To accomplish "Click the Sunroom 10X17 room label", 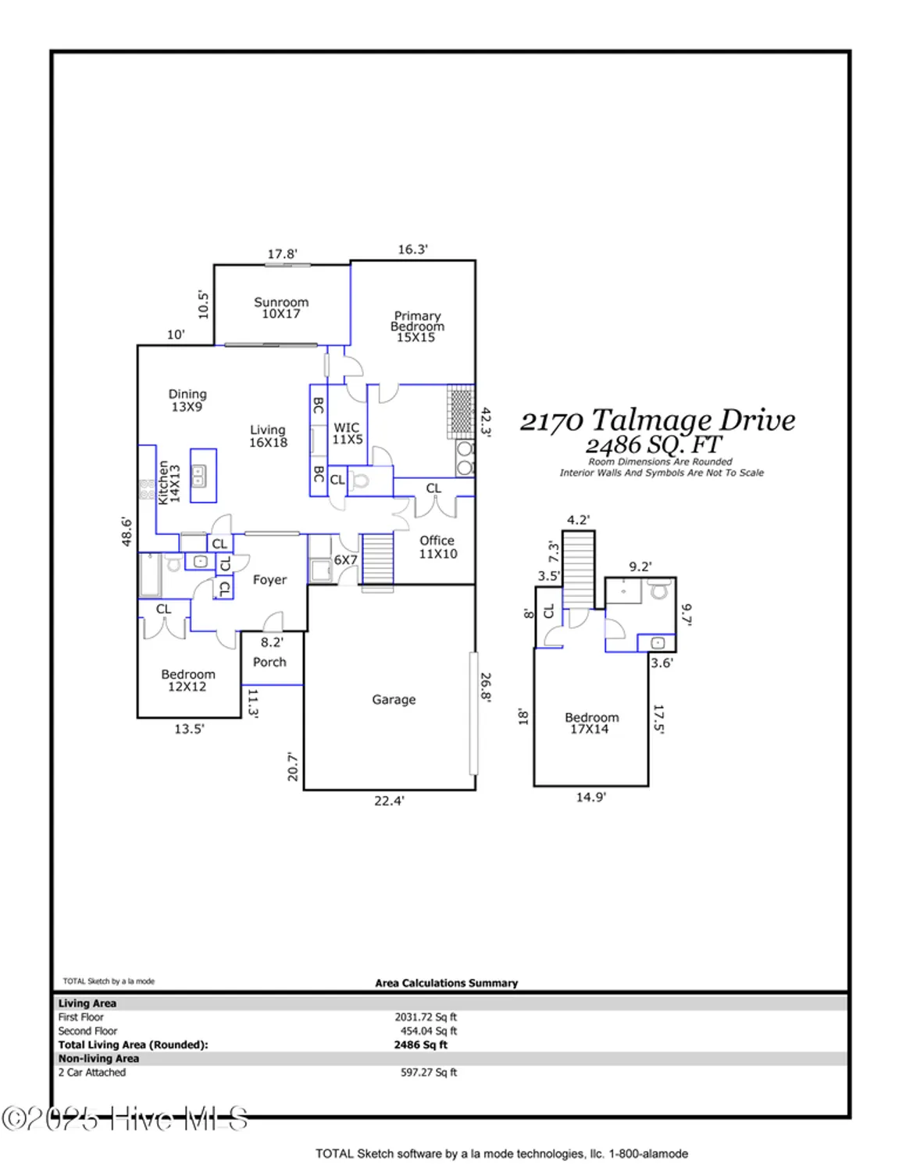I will tap(281, 308).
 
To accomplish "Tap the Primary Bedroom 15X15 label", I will tap(417, 327).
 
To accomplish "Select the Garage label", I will tap(394, 700).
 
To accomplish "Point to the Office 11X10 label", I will tap(437, 547).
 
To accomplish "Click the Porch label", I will tap(269, 662).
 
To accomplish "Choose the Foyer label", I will tap(269, 580).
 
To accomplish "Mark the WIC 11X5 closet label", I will tap(347, 434).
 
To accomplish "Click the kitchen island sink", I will tap(199, 473).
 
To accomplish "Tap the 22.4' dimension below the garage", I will tap(389, 801).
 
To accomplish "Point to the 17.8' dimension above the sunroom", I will tap(282, 254).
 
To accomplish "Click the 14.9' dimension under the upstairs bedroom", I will tap(590, 798).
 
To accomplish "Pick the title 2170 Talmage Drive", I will tap(658, 420).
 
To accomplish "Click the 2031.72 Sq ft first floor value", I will tap(426, 1017).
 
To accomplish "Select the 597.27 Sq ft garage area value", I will tap(429, 1073).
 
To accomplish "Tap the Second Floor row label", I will tap(87, 1031).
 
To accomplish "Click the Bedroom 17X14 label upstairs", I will tap(591, 723).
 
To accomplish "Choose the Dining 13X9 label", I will tap(187, 401).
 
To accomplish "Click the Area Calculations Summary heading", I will tap(446, 983).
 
